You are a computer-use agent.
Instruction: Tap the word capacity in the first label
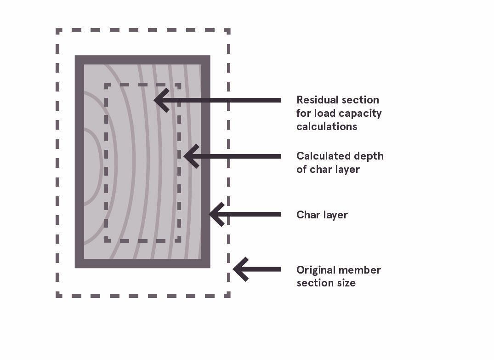point(362,113)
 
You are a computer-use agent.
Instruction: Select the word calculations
point(326,126)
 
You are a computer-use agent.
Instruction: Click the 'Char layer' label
point(322,215)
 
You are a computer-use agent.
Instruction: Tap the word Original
point(315,270)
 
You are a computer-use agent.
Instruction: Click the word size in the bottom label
point(347,283)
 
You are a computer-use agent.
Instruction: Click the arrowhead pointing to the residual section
point(159,100)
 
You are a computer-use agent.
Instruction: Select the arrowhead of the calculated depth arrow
point(189,156)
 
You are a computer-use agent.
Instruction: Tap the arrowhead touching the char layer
point(215,214)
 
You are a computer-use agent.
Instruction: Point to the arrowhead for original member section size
point(238,269)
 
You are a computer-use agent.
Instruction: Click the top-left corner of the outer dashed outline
point(58,31)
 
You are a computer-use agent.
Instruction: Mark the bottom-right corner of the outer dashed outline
point(228,295)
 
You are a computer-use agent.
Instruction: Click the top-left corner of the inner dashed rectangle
point(107,86)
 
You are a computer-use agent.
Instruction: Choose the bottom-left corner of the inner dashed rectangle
point(107,240)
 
